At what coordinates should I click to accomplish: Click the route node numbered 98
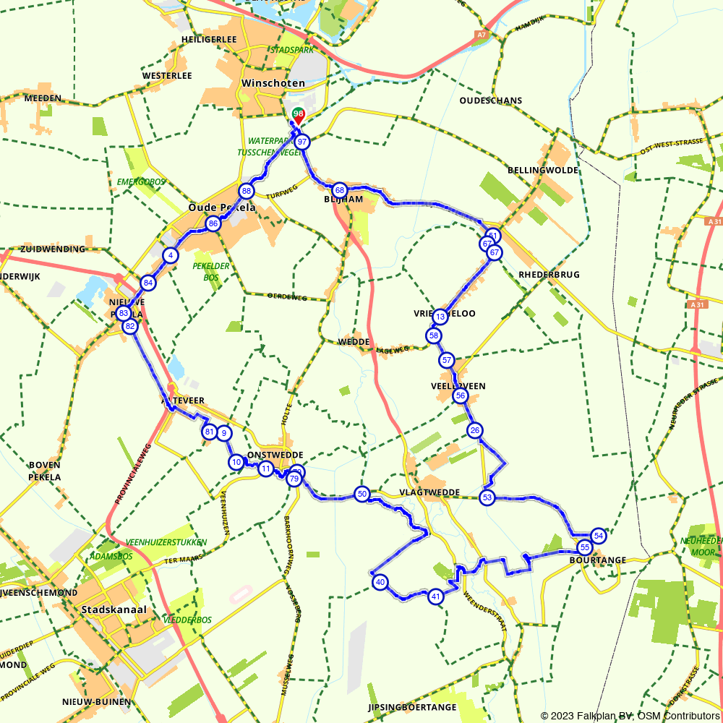click(298, 114)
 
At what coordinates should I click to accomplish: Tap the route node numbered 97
click(302, 142)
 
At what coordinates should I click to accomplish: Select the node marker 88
click(247, 191)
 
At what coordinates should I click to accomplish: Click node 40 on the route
click(380, 581)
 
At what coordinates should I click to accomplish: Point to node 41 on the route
click(435, 596)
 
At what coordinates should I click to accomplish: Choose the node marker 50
click(362, 494)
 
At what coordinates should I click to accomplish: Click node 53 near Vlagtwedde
click(487, 497)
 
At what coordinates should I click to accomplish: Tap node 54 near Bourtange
click(598, 536)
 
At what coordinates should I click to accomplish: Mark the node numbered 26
click(475, 431)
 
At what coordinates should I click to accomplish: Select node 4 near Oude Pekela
click(170, 255)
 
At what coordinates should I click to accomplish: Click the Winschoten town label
click(273, 83)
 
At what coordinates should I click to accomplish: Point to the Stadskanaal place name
click(115, 609)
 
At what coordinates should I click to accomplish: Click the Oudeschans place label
click(491, 100)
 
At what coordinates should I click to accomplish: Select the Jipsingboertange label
click(412, 707)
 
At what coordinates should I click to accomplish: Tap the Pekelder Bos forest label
click(210, 271)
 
